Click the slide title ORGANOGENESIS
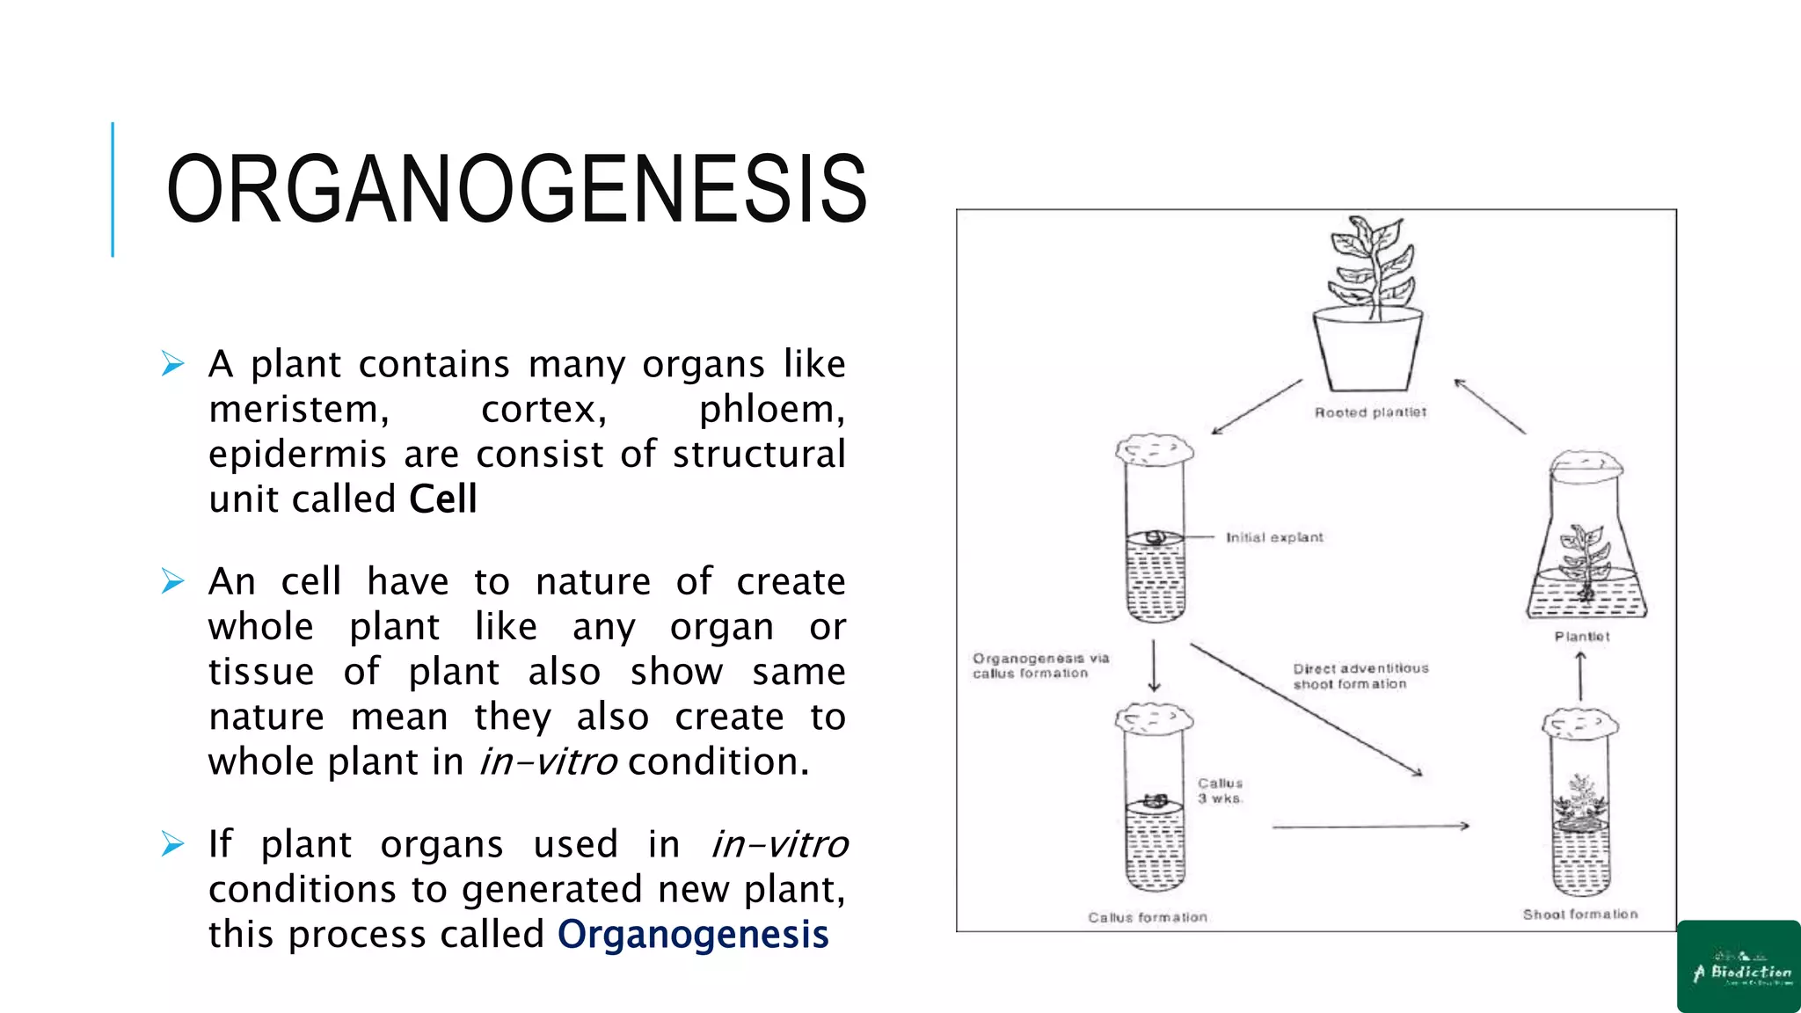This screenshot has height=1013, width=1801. point(517,189)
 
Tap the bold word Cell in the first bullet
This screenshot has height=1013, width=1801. point(443,499)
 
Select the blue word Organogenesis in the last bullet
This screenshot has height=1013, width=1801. point(693,935)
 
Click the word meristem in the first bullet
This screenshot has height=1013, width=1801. point(298,410)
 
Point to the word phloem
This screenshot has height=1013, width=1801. point(771,410)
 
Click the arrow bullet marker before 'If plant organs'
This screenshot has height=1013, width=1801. point(173,844)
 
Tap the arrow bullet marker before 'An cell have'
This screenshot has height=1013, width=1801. point(173,581)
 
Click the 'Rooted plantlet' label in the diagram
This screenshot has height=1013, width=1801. point(1370,412)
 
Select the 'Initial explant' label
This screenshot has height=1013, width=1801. point(1274,537)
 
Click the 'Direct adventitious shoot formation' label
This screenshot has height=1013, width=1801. point(1360,676)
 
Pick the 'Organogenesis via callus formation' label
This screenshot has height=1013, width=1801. point(1040,666)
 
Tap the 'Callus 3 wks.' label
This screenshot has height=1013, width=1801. point(1221,791)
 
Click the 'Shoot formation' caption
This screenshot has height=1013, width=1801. point(1580,915)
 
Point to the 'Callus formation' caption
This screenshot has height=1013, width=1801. point(1148,917)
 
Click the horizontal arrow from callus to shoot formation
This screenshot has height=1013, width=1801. point(1370,827)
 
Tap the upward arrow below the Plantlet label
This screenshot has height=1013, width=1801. point(1580,675)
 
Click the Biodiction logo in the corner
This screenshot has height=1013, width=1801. point(1739,966)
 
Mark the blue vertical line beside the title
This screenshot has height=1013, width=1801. point(113,189)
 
